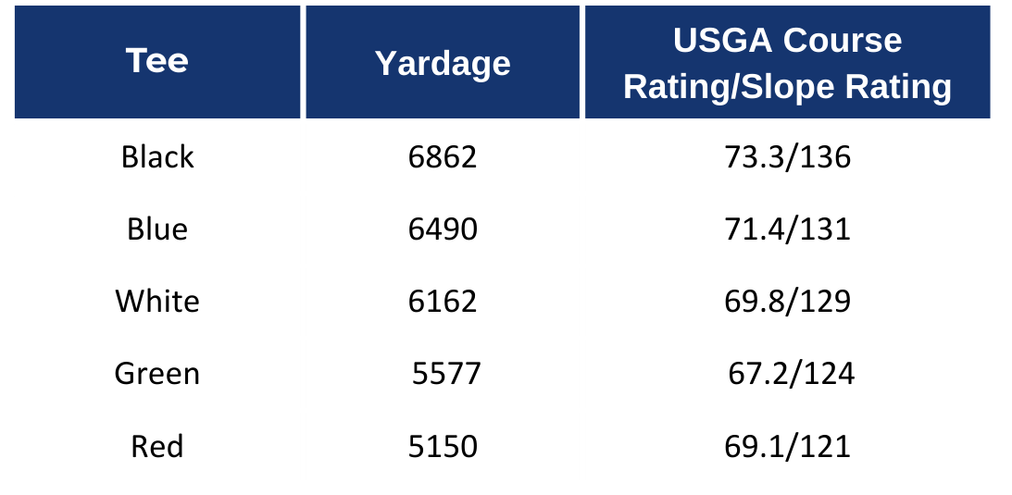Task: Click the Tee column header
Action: (157, 61)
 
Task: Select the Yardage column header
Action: (443, 63)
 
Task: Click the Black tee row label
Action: (157, 157)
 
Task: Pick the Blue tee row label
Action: (157, 229)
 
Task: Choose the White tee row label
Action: (157, 301)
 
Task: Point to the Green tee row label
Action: (157, 374)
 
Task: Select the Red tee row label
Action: (157, 447)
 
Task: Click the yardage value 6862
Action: (443, 157)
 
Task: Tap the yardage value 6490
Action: (443, 229)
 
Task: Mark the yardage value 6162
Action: (443, 301)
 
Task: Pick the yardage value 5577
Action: (447, 374)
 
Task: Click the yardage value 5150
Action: (443, 447)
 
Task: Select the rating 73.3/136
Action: (787, 157)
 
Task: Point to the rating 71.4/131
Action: (787, 229)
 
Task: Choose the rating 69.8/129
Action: (787, 301)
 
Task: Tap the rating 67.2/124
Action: (792, 374)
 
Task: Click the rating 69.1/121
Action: (787, 447)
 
